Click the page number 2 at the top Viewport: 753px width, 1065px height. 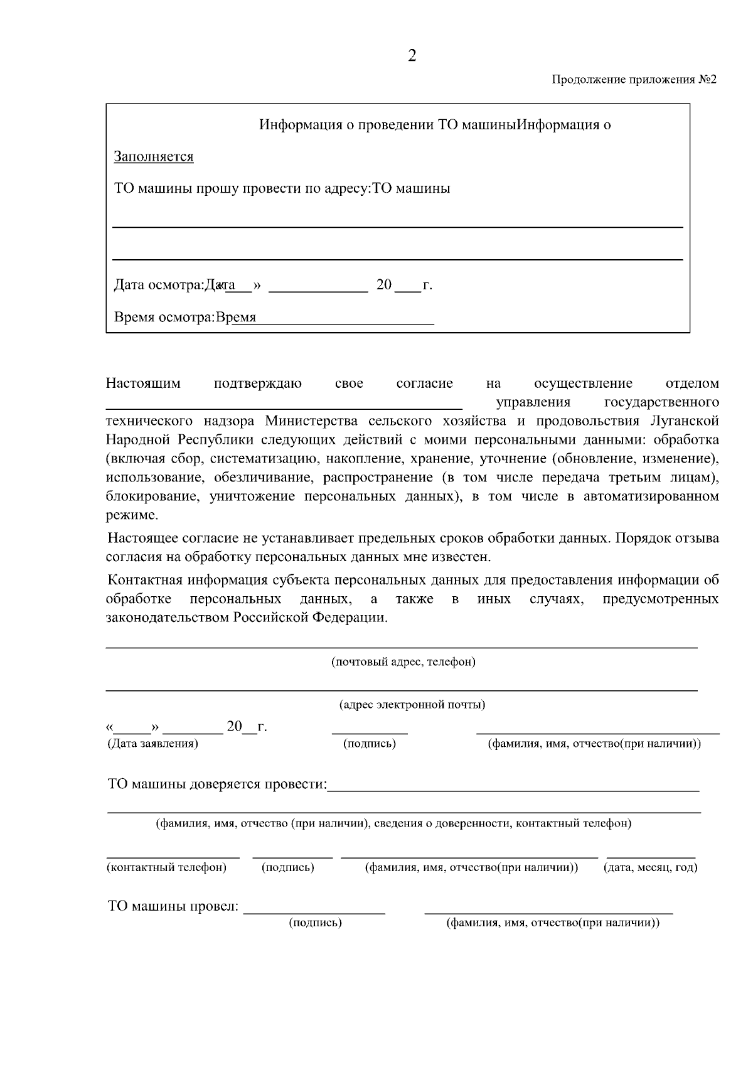point(412,56)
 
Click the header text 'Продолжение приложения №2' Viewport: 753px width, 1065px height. point(634,80)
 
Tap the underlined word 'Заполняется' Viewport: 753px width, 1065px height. point(154,157)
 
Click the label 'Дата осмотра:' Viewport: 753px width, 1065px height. point(159,286)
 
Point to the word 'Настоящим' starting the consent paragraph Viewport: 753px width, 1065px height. point(143,383)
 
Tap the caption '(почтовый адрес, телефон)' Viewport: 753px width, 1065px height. point(403,662)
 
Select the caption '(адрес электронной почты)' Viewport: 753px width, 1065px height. point(412,705)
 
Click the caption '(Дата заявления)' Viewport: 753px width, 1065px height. point(152,744)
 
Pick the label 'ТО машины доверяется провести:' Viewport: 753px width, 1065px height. point(218,785)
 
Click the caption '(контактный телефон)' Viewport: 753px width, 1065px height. point(167,868)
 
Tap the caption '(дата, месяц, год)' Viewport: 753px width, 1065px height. point(650,868)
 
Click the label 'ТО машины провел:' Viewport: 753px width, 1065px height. point(173,907)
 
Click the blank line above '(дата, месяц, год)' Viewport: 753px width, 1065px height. point(651,856)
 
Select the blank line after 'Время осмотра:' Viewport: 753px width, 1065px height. point(345,323)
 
